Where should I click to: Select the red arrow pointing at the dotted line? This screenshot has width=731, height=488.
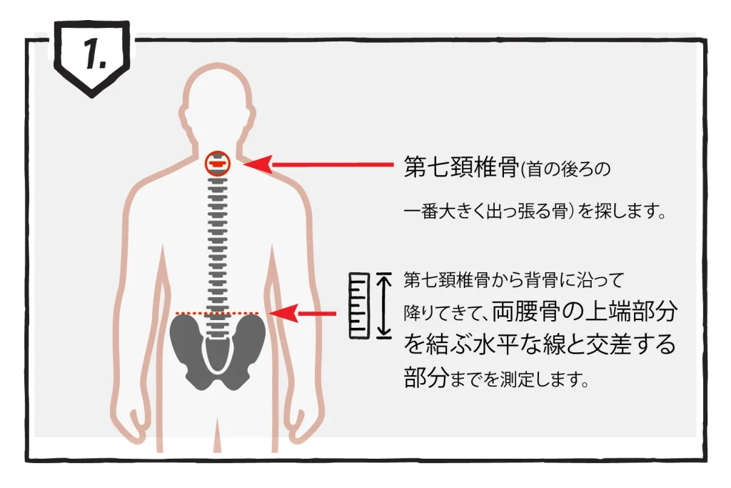[303, 314]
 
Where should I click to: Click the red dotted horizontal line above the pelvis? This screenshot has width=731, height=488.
[217, 313]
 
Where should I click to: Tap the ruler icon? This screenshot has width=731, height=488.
[360, 306]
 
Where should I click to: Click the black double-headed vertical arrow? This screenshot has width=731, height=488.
[383, 304]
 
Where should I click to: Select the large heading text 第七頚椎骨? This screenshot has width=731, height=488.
[461, 167]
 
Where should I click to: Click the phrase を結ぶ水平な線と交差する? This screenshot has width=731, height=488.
[540, 344]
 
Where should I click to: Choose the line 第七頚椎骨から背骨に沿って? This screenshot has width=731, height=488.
[514, 280]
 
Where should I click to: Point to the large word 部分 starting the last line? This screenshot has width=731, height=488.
[426, 377]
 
